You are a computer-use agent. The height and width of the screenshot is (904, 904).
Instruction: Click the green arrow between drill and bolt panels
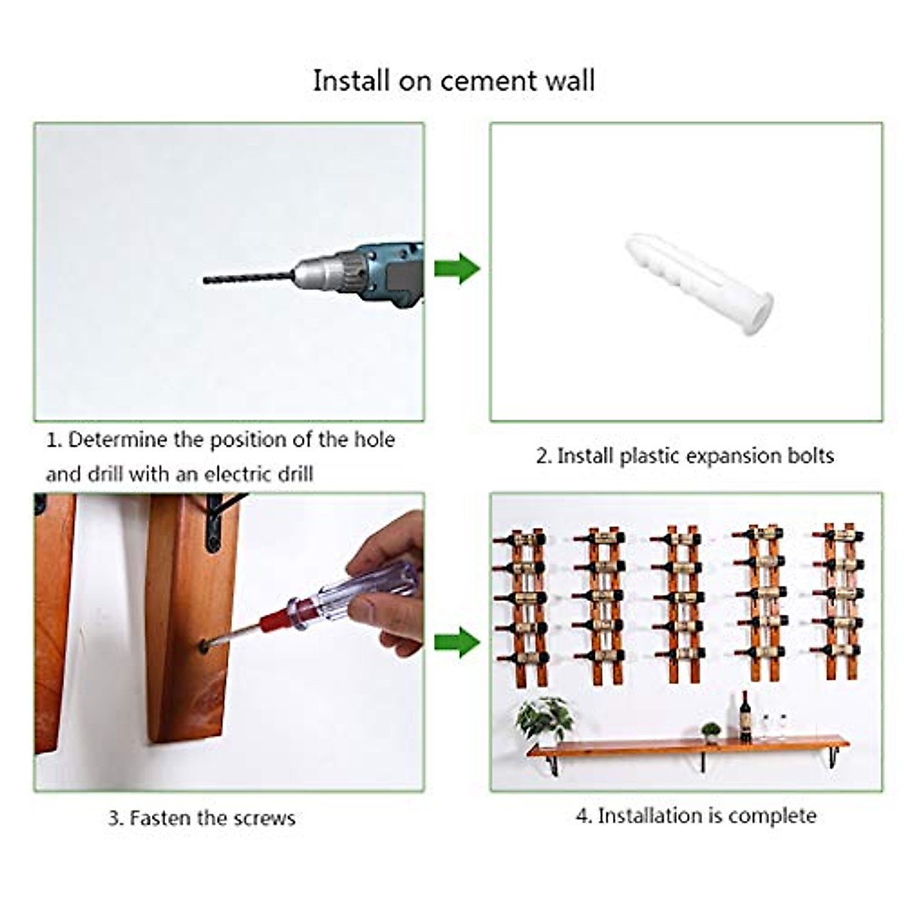457,269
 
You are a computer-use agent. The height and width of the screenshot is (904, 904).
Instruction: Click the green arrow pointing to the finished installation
457,642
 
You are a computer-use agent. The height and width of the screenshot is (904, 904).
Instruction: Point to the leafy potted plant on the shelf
544,716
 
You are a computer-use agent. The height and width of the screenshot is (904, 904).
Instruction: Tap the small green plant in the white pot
710,731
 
